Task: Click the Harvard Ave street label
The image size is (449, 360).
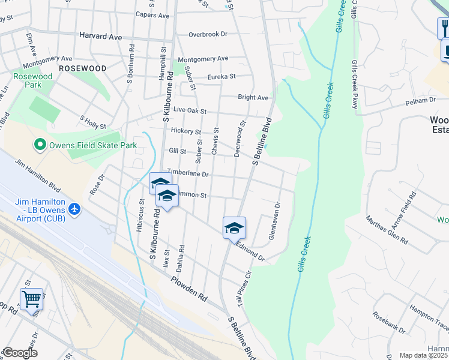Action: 101,37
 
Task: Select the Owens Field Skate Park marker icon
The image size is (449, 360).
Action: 40,145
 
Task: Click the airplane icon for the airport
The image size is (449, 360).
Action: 74,209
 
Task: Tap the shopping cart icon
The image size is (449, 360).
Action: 31,298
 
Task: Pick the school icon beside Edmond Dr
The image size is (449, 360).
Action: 234,227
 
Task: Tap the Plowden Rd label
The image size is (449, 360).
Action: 188,288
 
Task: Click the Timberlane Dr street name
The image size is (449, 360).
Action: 187,173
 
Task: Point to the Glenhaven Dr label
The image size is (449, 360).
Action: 274,221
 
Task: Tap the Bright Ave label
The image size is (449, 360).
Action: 253,97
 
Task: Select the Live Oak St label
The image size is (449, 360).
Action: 190,111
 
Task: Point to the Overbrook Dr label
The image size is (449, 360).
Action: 208,34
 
